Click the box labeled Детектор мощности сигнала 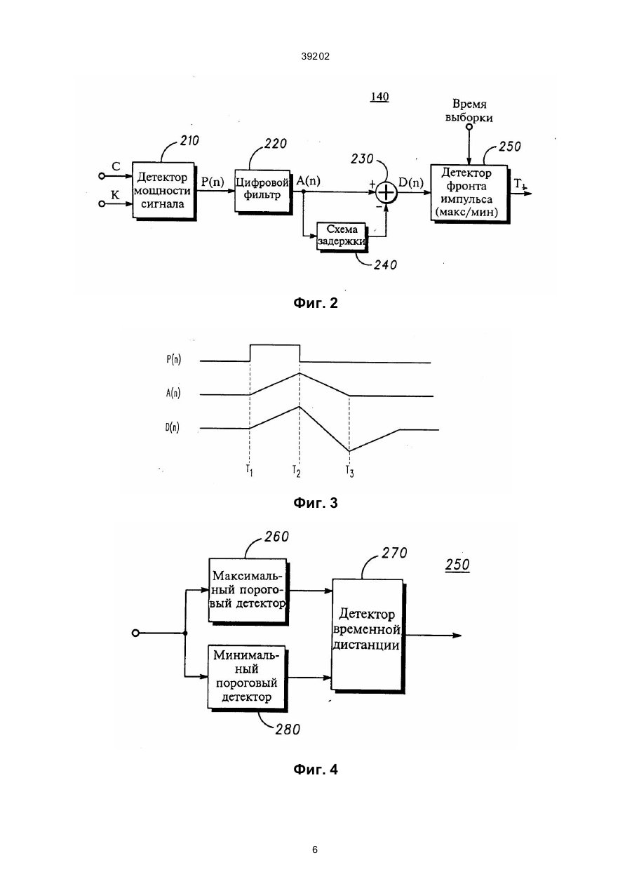(163, 191)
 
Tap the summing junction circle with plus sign (386, 193)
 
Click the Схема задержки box (342, 236)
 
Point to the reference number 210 (189, 141)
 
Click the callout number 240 (385, 265)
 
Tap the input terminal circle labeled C (102, 176)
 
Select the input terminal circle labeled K (102, 203)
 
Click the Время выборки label (469, 111)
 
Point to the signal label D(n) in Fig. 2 (411, 182)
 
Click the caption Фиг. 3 (316, 503)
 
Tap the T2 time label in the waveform (296, 471)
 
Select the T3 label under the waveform (349, 471)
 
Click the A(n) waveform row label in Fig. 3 (173, 393)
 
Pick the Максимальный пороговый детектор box (248, 591)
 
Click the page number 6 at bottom (315, 850)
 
